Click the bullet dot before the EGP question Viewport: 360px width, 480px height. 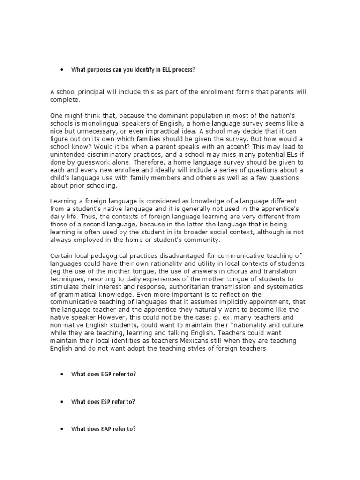(x=62, y=375)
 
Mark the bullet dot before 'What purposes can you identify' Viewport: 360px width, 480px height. (x=62, y=70)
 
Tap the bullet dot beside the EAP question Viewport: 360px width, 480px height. (x=62, y=429)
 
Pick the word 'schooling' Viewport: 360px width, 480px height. (x=100, y=186)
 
